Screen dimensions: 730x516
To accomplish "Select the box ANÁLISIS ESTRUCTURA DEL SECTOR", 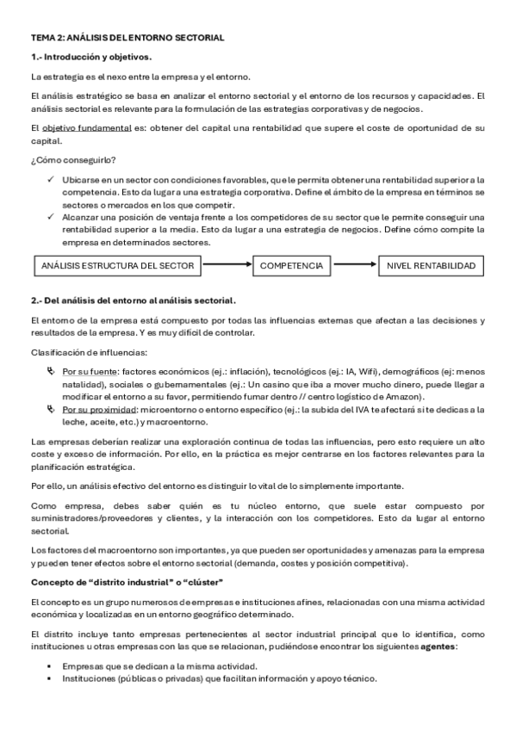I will [x=118, y=266].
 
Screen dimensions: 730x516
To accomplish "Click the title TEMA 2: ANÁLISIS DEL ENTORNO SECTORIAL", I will [x=127, y=38].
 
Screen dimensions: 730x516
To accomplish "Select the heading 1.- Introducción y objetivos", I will [x=91, y=57].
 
